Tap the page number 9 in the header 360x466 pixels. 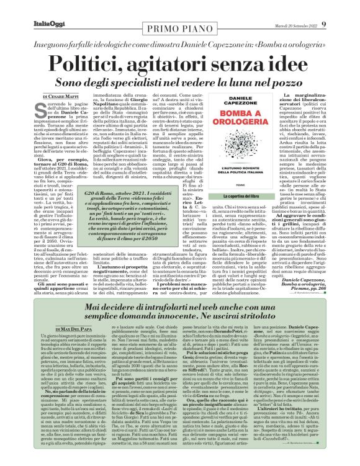coord(349,7)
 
